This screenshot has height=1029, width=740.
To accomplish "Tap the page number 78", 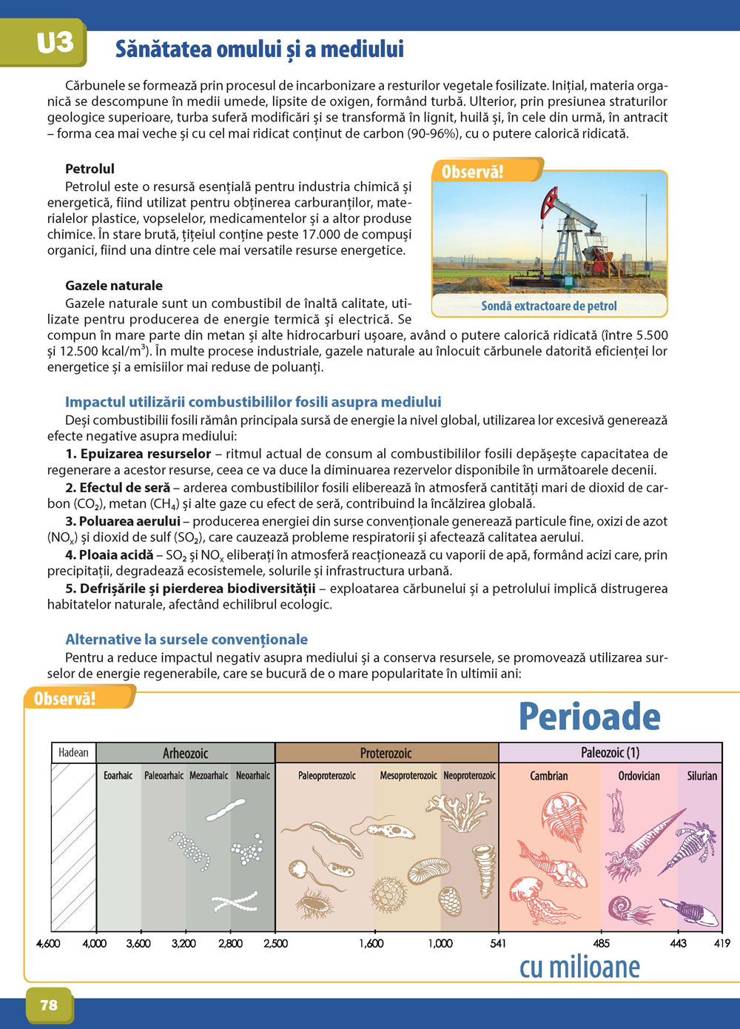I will coord(49,1005).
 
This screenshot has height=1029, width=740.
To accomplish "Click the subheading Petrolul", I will coord(90,169).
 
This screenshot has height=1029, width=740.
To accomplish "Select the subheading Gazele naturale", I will coord(114,286).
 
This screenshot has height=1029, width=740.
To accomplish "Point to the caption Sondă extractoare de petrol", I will coord(548,306).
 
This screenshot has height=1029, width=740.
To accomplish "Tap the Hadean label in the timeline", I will coord(73,753).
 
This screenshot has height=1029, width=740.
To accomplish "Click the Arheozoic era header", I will coord(185,753).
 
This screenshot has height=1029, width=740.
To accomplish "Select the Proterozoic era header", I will coord(386,753).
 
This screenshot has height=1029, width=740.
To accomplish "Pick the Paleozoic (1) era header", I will coord(610,753).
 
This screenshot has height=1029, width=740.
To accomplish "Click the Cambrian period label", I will coord(549,776).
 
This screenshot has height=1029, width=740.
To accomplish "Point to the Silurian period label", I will coord(702,776).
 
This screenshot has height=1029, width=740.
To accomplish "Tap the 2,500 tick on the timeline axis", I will coord(275,943).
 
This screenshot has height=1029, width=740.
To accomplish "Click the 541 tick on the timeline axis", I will coord(498,943).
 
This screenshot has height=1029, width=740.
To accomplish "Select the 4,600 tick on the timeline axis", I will coord(49,943).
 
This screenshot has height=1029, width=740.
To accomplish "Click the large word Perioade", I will coord(590,717).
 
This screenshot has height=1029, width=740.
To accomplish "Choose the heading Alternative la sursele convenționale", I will coord(186,640).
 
